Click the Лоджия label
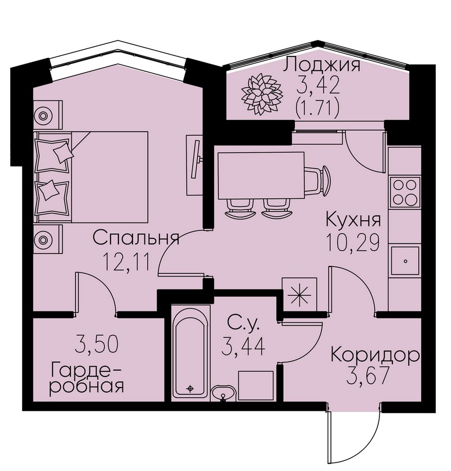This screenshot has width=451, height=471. coord(321,64)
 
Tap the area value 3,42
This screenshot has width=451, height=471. coord(318,85)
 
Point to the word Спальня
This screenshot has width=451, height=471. coord(136,238)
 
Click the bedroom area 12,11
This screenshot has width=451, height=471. coord(126,261)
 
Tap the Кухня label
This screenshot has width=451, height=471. coord(353,220)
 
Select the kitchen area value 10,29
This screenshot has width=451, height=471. coord(352,242)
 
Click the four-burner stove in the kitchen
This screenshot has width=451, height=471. coord(405,192)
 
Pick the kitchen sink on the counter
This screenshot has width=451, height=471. coord(405,261)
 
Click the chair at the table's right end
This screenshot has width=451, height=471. coord(317,180)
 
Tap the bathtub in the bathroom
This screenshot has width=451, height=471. coord(190,353)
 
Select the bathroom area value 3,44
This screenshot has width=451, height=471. coord(243,346)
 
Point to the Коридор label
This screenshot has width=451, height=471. coord(375,356)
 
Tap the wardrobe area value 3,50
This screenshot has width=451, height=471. coord(96,344)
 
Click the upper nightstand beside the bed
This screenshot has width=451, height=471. coord(48,115)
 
